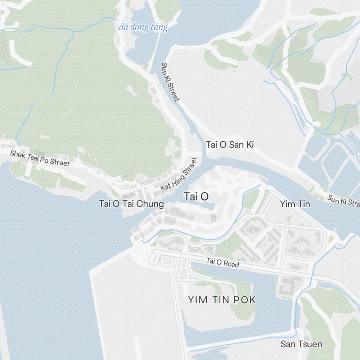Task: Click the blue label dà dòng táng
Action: tap(143, 27)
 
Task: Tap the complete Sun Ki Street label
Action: tap(170, 82)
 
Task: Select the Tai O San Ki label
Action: tap(230, 145)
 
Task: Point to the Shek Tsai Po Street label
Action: tap(40, 158)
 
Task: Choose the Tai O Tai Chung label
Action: tap(131, 204)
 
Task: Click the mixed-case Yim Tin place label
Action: tap(295, 204)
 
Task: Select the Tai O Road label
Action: tap(222, 263)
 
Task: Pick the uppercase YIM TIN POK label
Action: tap(222, 300)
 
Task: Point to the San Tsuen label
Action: tap(301, 344)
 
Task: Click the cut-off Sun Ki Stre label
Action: tap(343, 201)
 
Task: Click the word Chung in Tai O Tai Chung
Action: tap(153, 204)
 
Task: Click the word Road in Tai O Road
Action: tap(231, 264)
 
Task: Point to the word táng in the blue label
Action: tap(159, 27)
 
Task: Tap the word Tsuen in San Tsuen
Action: tap(310, 344)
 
